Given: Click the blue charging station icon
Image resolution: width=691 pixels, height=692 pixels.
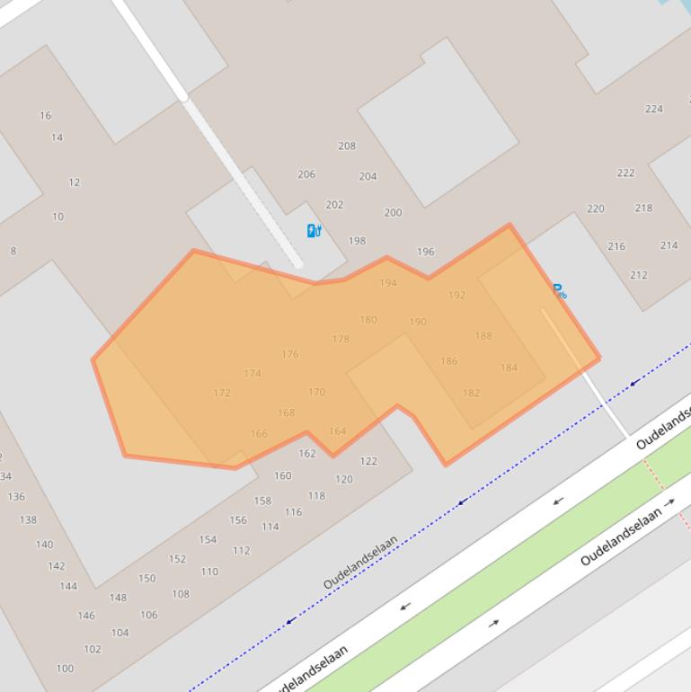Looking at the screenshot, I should click(314, 231).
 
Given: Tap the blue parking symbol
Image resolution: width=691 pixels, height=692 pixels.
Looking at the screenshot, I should click(558, 290).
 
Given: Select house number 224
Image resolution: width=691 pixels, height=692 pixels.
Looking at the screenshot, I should click(653, 109).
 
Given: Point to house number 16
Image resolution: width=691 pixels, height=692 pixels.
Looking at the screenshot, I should click(45, 115).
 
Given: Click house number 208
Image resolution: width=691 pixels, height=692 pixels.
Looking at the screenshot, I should click(347, 146).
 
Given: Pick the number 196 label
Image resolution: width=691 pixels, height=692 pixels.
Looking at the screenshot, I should click(426, 252).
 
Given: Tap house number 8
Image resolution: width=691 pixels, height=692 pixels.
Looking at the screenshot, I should click(13, 251).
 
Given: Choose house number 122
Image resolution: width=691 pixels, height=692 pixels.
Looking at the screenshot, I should click(368, 461).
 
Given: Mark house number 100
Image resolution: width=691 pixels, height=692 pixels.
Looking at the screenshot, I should click(65, 669).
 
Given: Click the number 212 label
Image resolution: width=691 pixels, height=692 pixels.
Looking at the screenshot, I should click(638, 275).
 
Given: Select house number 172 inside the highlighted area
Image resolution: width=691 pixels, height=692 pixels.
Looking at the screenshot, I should click(222, 393).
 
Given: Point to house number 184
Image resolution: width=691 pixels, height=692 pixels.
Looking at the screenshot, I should click(509, 368).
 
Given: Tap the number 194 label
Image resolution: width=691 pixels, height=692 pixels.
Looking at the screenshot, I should click(388, 283).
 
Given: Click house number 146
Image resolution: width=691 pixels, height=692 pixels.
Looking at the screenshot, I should click(86, 616).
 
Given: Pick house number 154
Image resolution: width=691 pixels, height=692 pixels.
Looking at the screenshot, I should click(208, 540).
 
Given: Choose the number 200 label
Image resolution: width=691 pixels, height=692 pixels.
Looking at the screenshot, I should click(393, 213).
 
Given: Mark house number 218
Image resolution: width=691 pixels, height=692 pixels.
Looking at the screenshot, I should click(643, 208).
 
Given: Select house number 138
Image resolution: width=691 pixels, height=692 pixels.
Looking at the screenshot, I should click(28, 519).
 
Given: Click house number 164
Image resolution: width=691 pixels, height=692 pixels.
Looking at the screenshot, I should click(337, 431).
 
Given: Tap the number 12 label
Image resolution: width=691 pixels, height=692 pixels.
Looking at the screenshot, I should click(74, 182).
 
